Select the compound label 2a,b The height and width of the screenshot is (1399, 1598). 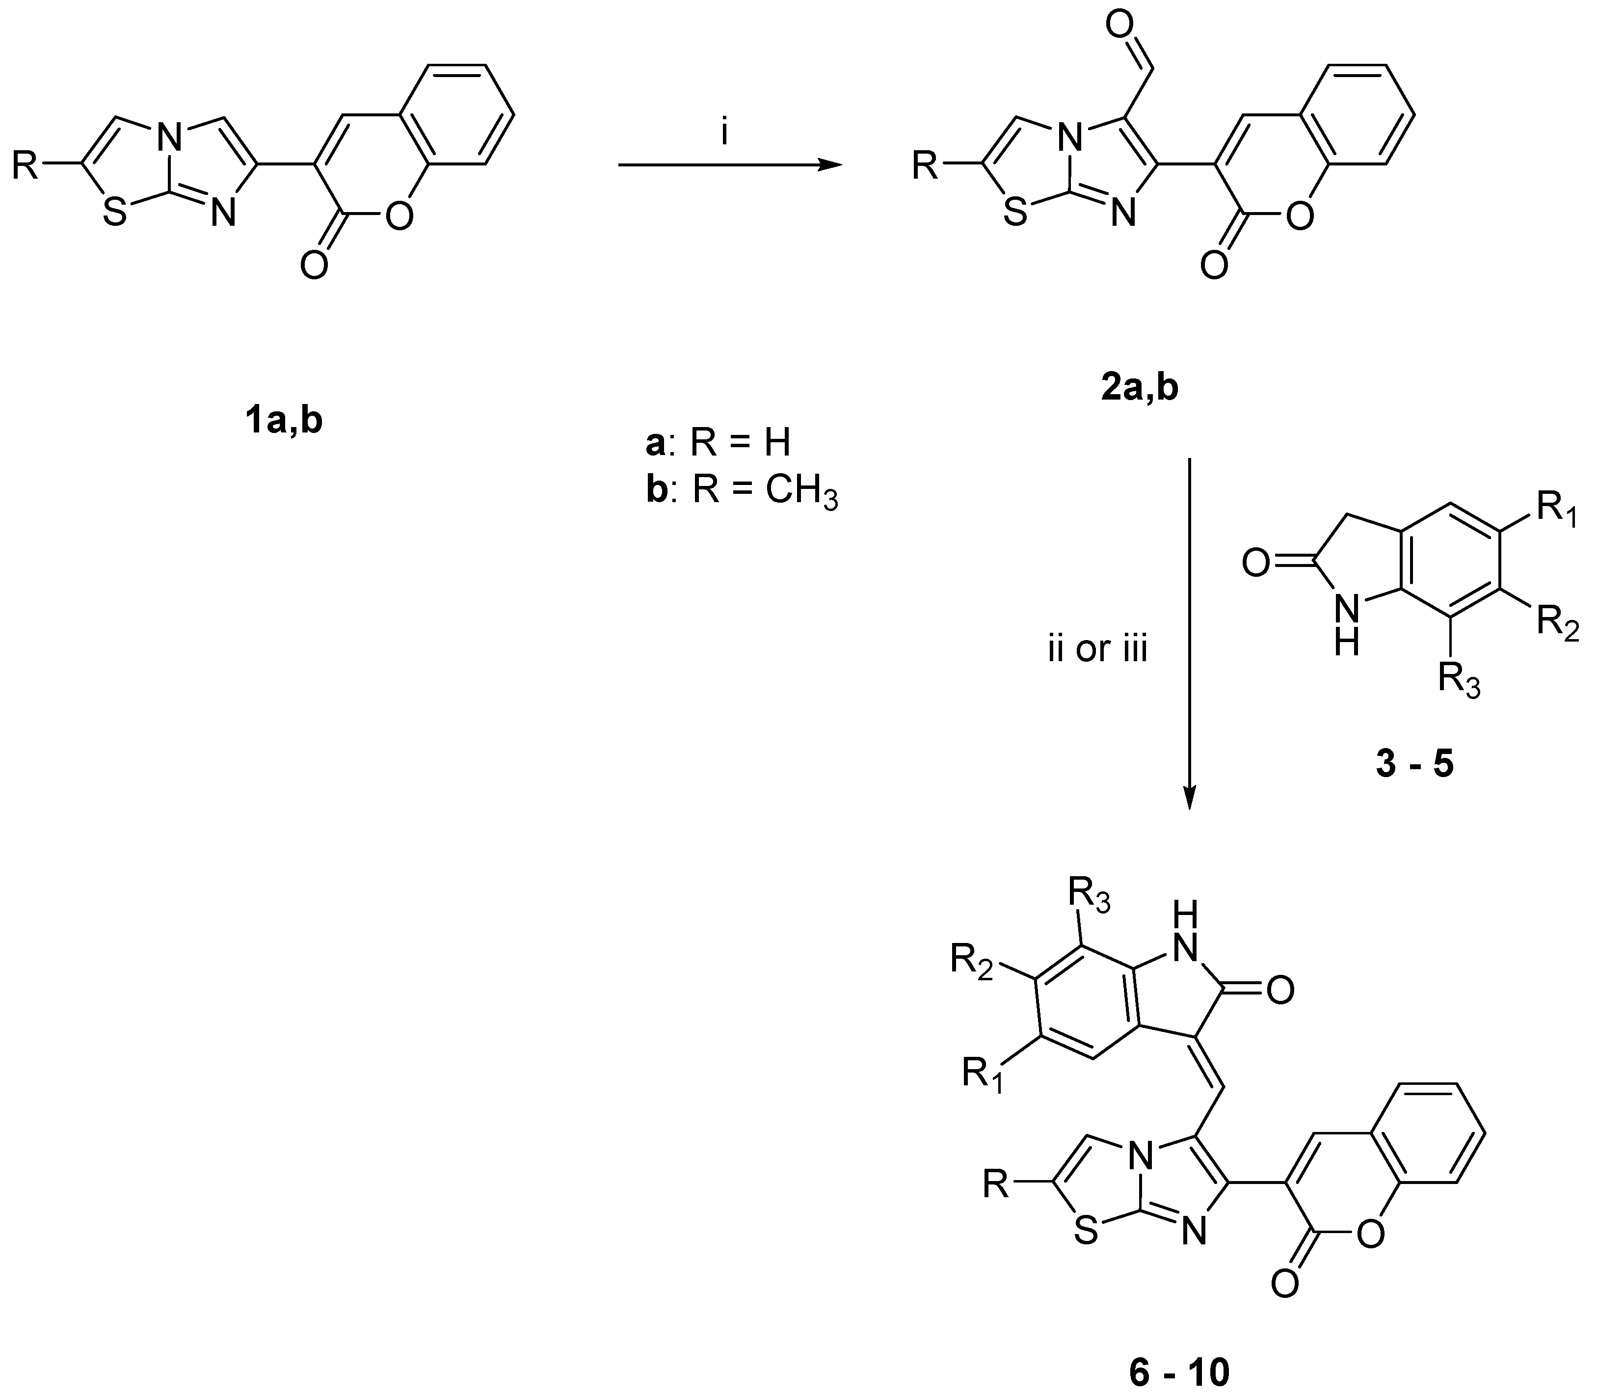point(1140,387)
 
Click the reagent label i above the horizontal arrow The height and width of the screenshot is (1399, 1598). point(724,135)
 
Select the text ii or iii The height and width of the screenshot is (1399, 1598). point(1097,649)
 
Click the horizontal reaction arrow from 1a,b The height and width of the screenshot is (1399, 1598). point(730,165)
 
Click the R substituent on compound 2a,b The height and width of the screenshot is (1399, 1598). point(925,165)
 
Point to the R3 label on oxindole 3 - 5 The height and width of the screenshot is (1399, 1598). point(1458,681)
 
